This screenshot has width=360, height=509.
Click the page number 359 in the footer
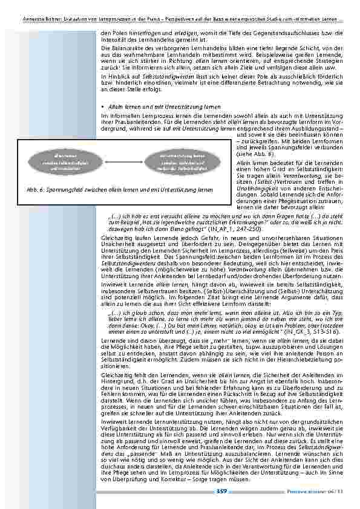coord(221,492)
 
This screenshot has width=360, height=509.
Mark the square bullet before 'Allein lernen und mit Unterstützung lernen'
coord(104,106)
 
